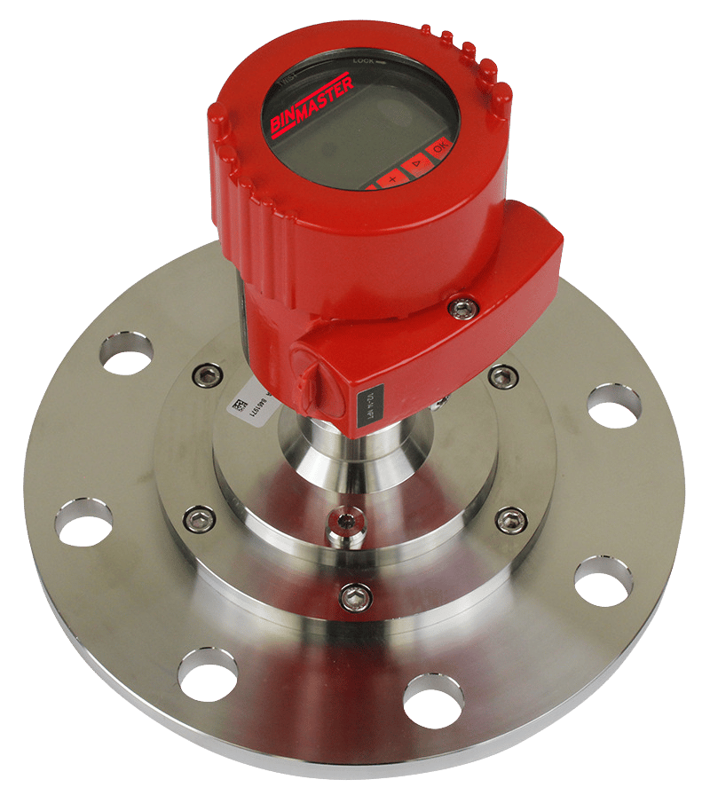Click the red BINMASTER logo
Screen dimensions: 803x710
point(310,104)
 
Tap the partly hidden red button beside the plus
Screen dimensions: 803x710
point(366,186)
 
